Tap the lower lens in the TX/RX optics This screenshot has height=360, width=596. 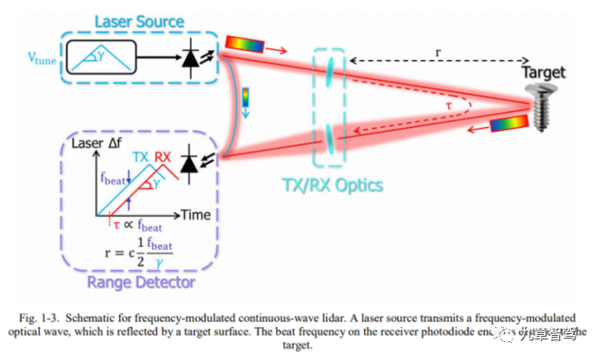tap(330, 137)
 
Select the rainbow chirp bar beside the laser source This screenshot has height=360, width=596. tap(243, 42)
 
